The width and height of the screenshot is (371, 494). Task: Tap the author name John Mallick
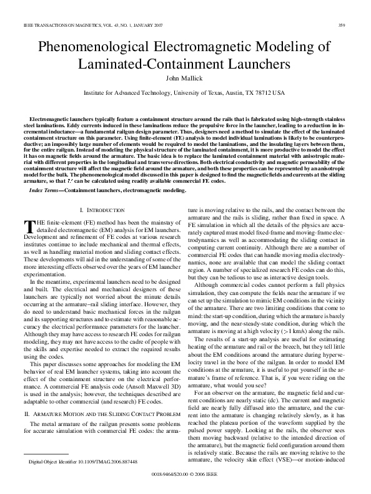coord(185,79)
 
